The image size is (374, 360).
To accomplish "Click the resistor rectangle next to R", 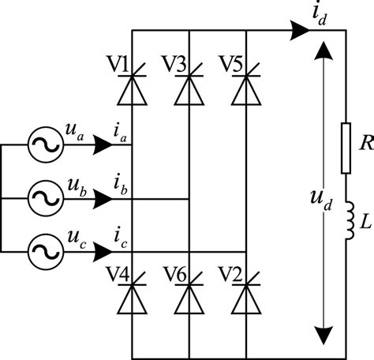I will [x=346, y=148].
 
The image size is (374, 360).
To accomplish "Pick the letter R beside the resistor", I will [x=364, y=143].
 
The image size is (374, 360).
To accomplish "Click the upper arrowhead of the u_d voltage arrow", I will [x=320, y=52].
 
